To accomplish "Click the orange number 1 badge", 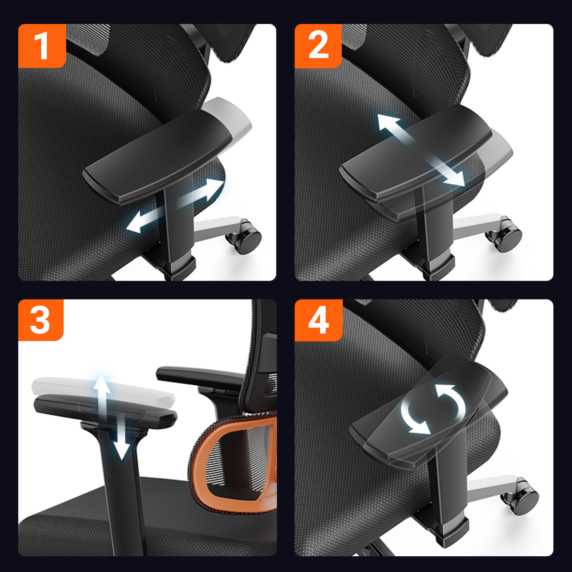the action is [42, 46].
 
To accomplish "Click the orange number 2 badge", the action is [318, 46].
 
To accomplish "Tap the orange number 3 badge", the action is [41, 320].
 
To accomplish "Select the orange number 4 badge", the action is [319, 320].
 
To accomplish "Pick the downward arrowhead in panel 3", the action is [122, 450].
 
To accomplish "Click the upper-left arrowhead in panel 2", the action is [388, 123].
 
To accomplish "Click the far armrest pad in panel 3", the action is [200, 375].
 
